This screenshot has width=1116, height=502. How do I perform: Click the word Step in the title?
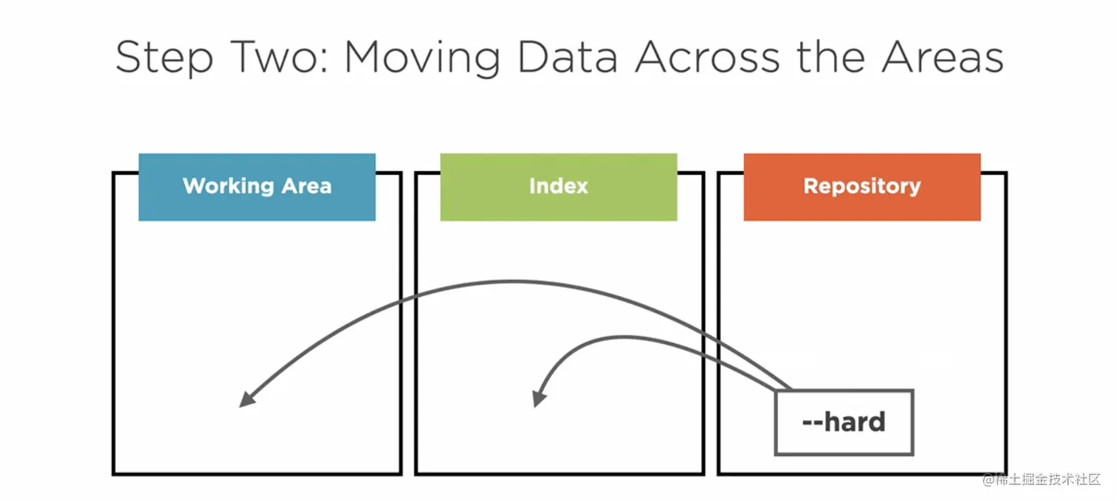tap(164, 58)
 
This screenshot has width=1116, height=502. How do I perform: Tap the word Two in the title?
tap(280, 57)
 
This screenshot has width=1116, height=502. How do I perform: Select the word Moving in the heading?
tap(422, 58)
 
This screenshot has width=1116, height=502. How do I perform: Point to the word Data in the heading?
tap(568, 57)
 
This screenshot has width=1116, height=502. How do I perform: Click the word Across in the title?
tap(707, 57)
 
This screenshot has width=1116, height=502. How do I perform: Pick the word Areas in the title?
tap(943, 57)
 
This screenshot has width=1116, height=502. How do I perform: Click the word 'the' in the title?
tap(830, 57)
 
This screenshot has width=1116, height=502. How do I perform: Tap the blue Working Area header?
tap(257, 187)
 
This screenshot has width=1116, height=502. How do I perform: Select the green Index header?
tap(559, 187)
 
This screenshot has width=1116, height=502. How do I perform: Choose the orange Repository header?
tap(862, 187)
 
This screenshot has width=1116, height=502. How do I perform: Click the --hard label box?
tap(844, 422)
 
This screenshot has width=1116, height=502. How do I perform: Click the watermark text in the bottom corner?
tap(1041, 480)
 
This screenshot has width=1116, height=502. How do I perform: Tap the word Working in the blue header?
tap(228, 187)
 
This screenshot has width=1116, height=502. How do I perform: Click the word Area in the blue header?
tap(306, 186)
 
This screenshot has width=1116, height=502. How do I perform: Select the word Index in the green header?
tap(559, 186)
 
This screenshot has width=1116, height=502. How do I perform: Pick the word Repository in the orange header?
tap(862, 187)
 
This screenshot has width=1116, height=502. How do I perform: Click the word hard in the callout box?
tap(855, 422)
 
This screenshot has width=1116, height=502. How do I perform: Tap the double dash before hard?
tap(812, 424)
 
